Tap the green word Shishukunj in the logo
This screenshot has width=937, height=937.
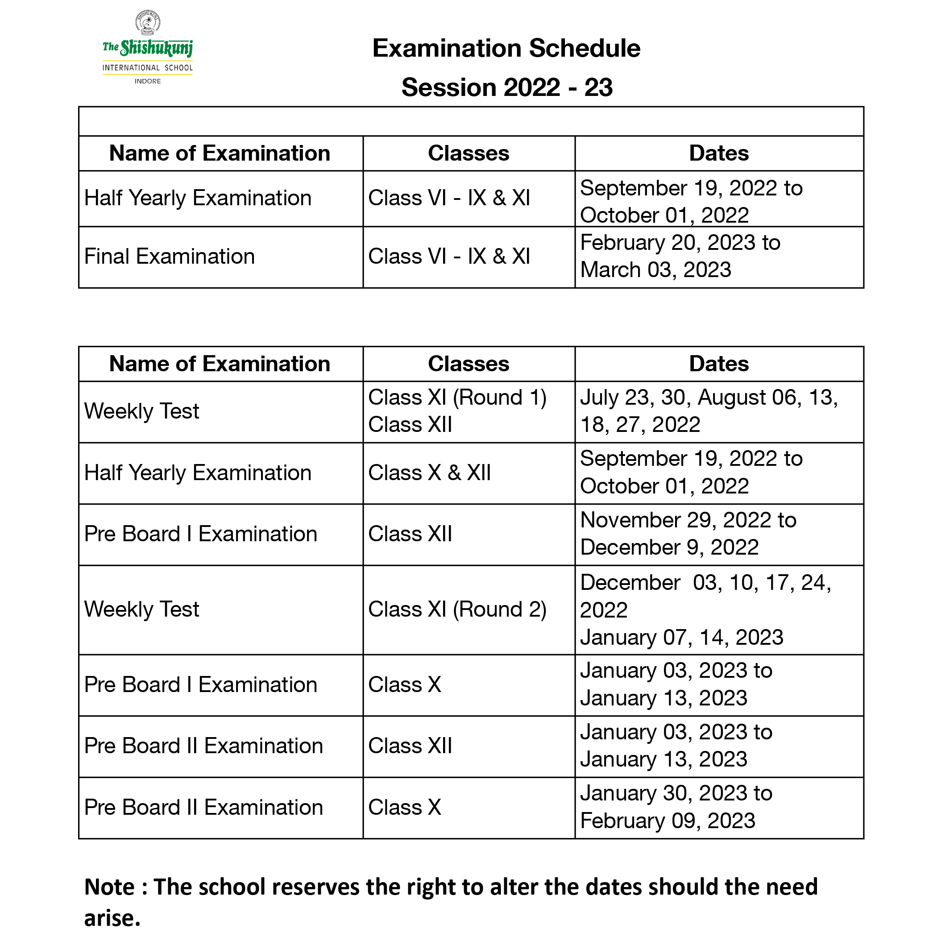pyautogui.click(x=156, y=48)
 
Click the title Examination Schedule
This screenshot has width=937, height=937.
pyautogui.click(x=506, y=49)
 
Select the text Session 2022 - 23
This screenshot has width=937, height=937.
pyautogui.click(x=507, y=88)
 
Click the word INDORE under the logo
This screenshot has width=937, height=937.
pyautogui.click(x=147, y=82)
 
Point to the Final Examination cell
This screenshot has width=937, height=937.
pyautogui.click(x=169, y=257)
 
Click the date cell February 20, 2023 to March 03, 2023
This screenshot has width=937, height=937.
pyautogui.click(x=680, y=257)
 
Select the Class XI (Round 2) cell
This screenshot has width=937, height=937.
pyautogui.click(x=457, y=609)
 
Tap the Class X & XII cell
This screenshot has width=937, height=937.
pyautogui.click(x=429, y=473)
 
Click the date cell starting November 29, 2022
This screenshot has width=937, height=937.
pyautogui.click(x=688, y=534)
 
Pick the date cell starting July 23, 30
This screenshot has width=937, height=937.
pyautogui.click(x=709, y=411)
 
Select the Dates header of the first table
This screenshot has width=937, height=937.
pyautogui.click(x=719, y=153)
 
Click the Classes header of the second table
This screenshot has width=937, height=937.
pyautogui.click(x=468, y=364)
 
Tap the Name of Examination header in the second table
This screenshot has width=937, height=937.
pyautogui.click(x=220, y=364)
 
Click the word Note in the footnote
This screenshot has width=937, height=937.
pyautogui.click(x=109, y=887)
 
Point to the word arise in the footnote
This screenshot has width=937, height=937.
pyautogui.click(x=112, y=918)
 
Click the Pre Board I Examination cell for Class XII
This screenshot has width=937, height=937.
pyautogui.click(x=200, y=534)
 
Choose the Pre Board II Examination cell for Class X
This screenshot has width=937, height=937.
pyautogui.click(x=203, y=808)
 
